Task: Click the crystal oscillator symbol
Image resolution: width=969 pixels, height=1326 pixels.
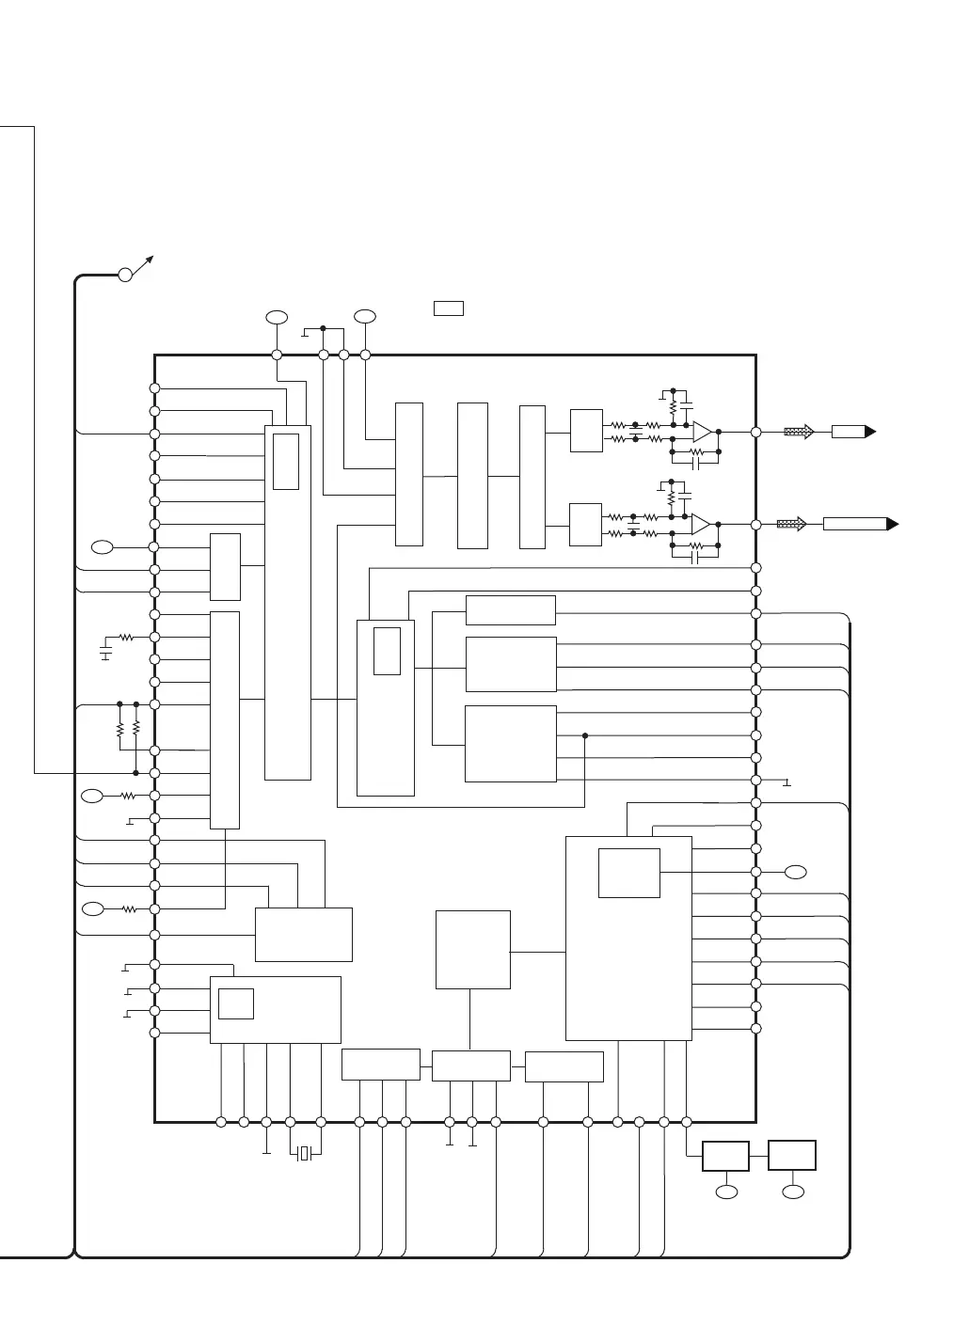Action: tap(304, 1153)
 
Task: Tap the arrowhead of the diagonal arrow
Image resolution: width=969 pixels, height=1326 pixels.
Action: tap(150, 258)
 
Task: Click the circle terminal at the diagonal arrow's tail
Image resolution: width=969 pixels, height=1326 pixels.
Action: tap(125, 275)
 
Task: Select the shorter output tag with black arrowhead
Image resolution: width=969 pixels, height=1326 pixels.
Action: tap(852, 432)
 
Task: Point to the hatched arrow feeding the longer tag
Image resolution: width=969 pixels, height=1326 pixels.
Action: tap(791, 524)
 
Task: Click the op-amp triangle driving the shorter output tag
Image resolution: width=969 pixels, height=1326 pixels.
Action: tap(702, 432)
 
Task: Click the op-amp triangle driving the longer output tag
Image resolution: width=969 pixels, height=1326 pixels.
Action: tap(700, 524)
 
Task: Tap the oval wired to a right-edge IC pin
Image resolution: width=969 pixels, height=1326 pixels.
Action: tap(796, 871)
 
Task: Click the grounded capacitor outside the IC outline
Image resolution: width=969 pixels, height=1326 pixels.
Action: tap(105, 649)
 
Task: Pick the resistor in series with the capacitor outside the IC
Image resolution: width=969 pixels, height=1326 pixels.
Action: tap(126, 638)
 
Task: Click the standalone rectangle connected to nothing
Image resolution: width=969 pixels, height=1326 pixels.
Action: tap(449, 308)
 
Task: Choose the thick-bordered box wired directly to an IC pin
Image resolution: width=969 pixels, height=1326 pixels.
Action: tap(725, 1156)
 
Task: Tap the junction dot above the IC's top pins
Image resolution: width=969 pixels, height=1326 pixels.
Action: tap(323, 328)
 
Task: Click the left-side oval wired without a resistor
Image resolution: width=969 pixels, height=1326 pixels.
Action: tap(103, 546)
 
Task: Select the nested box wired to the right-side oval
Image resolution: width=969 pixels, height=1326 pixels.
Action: tap(628, 873)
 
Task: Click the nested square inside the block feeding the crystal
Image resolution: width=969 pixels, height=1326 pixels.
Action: tap(235, 1003)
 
